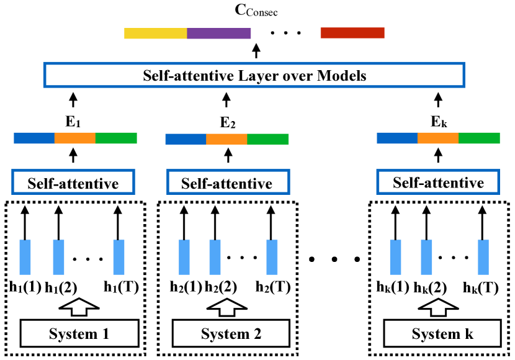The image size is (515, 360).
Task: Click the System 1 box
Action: pos(79,333)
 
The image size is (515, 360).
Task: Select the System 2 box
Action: pos(231,333)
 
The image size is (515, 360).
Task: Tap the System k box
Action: pos(442,333)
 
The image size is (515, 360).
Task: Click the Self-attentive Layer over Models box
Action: pos(254,75)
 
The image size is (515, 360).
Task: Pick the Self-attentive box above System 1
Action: pos(73,182)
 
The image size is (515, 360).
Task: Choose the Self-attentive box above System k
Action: pos(438,182)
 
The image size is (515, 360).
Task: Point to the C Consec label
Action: pos(256,10)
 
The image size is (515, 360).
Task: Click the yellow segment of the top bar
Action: pos(156,33)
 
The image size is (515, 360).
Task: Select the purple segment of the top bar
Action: pos(219,33)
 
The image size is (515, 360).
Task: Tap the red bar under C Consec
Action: pos(352,33)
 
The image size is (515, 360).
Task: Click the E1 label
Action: pos(73,122)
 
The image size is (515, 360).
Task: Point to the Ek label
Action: pos(439,122)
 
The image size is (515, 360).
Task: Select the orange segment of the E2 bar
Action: pos(226,139)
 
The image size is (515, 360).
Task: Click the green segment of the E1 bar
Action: pos(116,138)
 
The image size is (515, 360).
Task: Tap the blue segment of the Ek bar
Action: pos(397,138)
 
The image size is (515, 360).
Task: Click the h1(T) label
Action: pos(121,287)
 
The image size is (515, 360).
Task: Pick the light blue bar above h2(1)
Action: pos(184,257)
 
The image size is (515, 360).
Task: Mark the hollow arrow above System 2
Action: pos(227,307)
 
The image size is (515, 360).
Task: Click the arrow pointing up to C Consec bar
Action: pos(256,52)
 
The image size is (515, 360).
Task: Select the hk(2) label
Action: pos(430,288)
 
